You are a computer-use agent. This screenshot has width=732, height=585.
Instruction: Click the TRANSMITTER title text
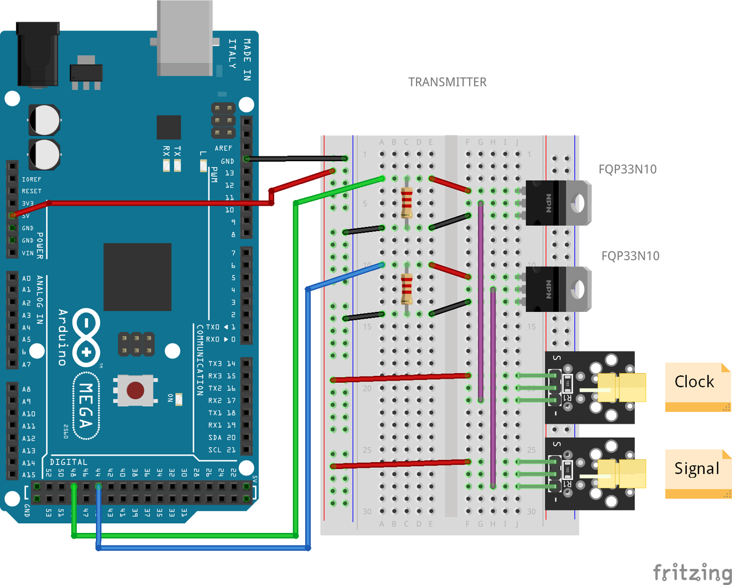click(x=447, y=82)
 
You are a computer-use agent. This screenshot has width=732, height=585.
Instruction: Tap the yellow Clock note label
click(x=694, y=382)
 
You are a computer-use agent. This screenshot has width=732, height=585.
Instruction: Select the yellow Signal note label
click(x=697, y=468)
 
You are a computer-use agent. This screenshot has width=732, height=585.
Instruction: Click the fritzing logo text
click(x=692, y=571)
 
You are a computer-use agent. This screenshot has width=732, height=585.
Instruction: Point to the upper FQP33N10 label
click(x=627, y=169)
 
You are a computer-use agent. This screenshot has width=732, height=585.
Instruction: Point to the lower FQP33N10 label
click(x=630, y=256)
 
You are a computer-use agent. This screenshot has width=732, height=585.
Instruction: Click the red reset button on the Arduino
click(x=135, y=391)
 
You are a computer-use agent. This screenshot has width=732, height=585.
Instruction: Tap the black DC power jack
click(x=38, y=54)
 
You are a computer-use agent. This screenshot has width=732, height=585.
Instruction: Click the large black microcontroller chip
click(x=137, y=277)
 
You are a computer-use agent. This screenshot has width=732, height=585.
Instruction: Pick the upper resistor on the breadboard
click(x=407, y=203)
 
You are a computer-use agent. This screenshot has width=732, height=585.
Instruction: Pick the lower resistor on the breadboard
click(x=407, y=289)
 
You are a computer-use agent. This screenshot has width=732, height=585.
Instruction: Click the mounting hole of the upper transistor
click(x=578, y=203)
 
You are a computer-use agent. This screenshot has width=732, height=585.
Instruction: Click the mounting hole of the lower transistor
click(x=578, y=289)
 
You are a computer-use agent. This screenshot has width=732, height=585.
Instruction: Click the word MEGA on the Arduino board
click(x=86, y=406)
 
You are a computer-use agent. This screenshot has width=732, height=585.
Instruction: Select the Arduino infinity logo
click(x=86, y=338)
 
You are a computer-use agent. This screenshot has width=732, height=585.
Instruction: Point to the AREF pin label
click(x=223, y=148)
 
